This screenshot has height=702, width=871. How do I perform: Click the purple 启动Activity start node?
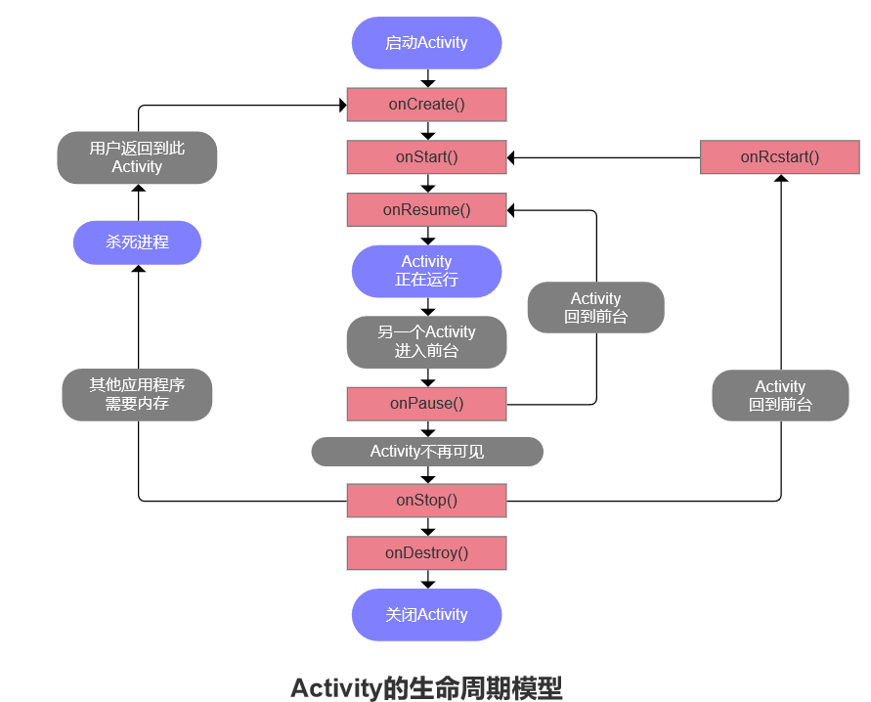[426, 43]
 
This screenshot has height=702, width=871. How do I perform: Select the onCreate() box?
[426, 105]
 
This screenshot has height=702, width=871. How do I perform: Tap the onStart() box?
[426, 156]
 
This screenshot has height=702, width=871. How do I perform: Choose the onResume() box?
[426, 209]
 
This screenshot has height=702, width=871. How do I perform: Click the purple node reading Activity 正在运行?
[426, 271]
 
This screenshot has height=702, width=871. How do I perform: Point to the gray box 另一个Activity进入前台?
[426, 341]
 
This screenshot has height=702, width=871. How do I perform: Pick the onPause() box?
[426, 404]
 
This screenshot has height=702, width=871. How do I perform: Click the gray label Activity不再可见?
[426, 452]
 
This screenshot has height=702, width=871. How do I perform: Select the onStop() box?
[426, 501]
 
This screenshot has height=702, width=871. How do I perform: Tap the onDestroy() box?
[426, 553]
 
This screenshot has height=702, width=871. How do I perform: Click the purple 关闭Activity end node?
[426, 615]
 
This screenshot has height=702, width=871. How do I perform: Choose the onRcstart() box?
[779, 157]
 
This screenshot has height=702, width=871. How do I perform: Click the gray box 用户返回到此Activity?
[137, 157]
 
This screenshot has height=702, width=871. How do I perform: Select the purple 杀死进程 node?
[137, 242]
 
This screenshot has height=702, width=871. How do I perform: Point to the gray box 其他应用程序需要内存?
[137, 395]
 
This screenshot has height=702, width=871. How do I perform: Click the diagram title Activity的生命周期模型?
[426, 687]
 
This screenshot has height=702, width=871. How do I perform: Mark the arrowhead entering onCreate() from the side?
[342, 105]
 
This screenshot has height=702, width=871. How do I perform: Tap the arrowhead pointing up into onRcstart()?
[780, 179]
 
